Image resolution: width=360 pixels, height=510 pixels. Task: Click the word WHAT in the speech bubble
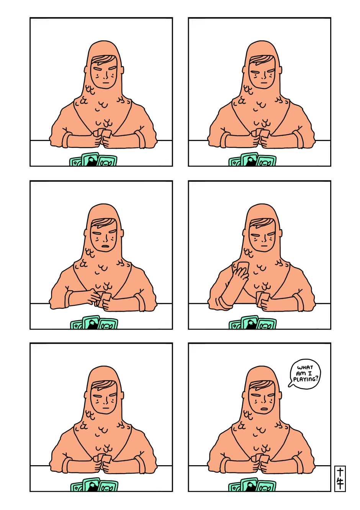coord(305,367)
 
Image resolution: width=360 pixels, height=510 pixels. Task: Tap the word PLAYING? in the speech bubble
coord(306,379)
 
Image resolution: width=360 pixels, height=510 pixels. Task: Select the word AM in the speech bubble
coord(301,374)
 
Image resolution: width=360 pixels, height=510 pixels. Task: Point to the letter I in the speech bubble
coord(310,373)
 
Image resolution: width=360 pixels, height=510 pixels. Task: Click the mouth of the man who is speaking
coord(263,408)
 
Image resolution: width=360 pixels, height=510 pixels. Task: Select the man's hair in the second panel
coord(262,60)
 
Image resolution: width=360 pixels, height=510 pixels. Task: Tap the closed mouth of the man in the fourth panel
coord(263,246)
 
